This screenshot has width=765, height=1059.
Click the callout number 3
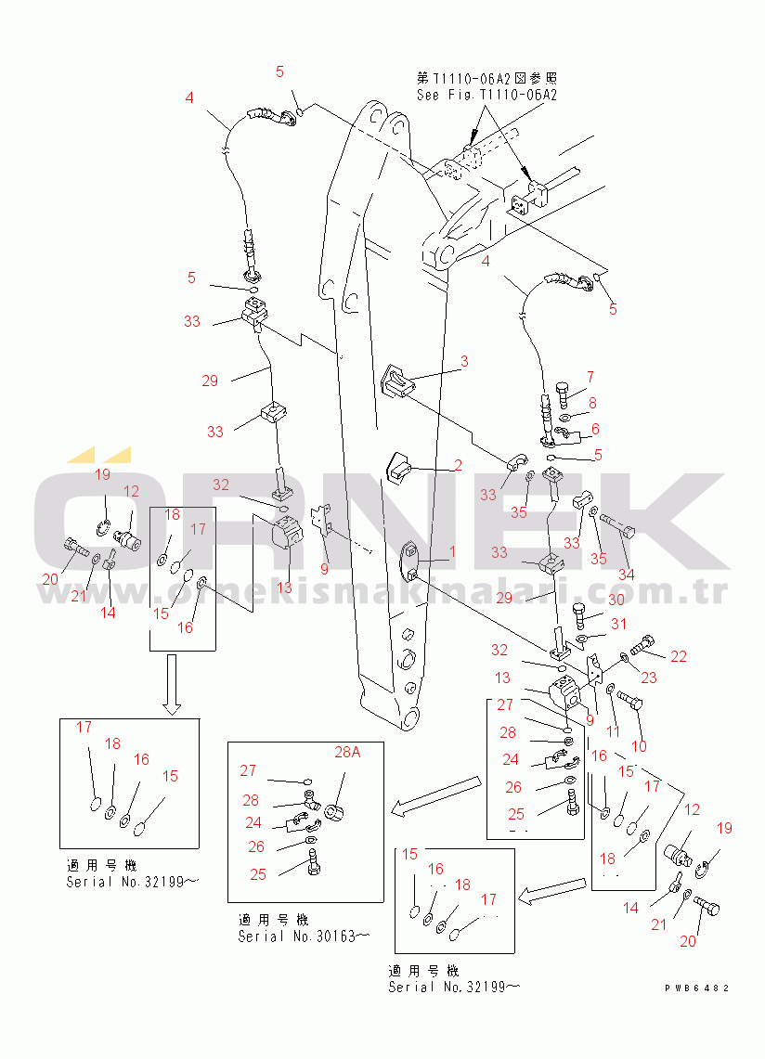(464, 361)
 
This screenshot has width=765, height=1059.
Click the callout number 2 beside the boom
(459, 465)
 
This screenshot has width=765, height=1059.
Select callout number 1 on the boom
(453, 552)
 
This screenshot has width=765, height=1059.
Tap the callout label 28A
(347, 752)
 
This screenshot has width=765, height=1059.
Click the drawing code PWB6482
(696, 988)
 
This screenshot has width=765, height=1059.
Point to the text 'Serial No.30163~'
(305, 936)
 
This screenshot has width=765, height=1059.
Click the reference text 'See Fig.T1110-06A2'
(486, 95)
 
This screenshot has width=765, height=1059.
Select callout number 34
(627, 575)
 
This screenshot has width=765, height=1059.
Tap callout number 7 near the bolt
(590, 377)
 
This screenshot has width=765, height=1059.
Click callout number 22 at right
(679, 656)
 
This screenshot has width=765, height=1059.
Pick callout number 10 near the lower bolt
(639, 745)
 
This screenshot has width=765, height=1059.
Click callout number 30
(616, 600)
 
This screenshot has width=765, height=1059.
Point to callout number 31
(618, 624)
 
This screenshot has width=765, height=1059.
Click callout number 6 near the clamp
(595, 429)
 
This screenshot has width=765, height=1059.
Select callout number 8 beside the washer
(592, 403)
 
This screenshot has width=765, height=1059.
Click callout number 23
(649, 678)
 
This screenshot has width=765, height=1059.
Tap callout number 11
(613, 731)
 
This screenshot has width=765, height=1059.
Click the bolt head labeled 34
(629, 531)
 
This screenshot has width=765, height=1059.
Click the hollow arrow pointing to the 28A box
(437, 795)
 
